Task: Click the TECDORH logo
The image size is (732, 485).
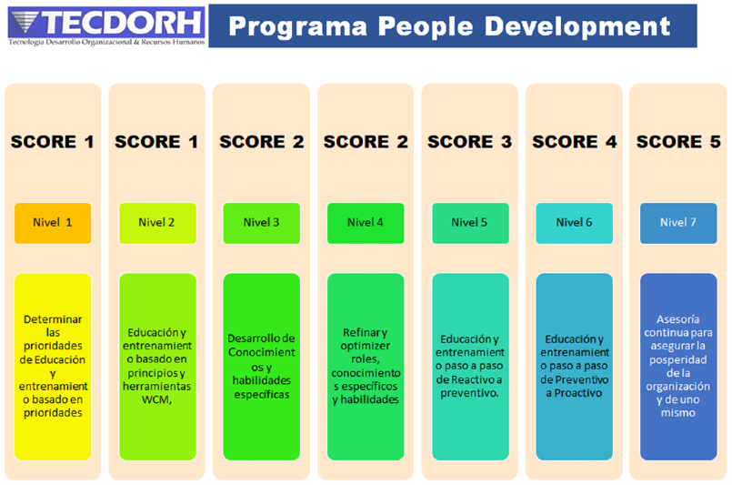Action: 106,26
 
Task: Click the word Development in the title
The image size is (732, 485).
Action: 577,26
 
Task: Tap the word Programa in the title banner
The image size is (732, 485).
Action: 298,27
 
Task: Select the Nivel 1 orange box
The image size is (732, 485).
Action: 53,223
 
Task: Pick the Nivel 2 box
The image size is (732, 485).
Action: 157,223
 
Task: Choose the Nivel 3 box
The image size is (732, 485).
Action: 262,223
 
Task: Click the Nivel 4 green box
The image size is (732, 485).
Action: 366,223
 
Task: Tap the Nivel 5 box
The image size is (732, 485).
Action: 470,223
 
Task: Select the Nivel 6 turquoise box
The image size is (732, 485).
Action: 574,223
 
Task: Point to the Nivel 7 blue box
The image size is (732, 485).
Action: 678,223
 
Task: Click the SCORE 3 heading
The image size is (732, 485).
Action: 469,142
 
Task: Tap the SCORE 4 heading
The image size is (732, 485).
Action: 574,142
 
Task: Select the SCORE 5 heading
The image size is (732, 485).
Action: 678,142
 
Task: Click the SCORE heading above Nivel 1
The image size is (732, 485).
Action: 53,142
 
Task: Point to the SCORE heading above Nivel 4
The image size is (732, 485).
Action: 366,142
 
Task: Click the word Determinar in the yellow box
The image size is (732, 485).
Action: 53,319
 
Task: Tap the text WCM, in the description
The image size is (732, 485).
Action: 156,399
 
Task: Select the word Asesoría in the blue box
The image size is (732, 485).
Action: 677,319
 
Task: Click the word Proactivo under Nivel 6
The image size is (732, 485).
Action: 578,393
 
